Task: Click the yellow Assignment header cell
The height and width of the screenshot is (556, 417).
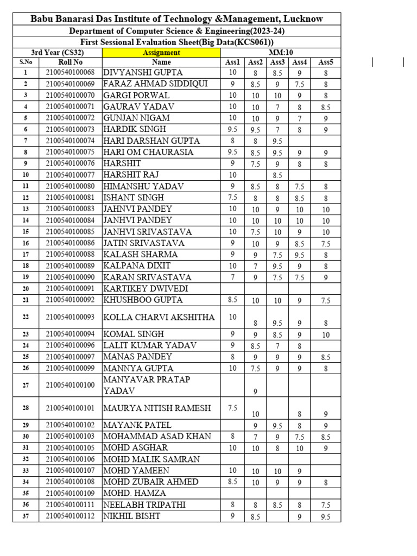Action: [161, 53]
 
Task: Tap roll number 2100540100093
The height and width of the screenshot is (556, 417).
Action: [70, 317]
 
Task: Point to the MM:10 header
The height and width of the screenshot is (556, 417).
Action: [280, 53]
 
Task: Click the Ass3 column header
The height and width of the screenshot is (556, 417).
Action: [277, 62]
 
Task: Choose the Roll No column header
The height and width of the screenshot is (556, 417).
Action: [70, 62]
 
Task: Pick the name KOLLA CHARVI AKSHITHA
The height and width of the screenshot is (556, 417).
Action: [159, 317]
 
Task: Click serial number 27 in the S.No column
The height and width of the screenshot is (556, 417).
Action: [26, 385]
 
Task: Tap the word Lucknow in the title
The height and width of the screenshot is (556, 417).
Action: [300, 19]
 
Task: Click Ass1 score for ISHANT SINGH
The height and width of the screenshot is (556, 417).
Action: [232, 197]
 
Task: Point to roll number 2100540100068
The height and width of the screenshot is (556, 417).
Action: [70, 72]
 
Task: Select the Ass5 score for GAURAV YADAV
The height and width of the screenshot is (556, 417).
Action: [325, 108]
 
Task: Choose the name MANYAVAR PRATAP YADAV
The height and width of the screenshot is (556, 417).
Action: [147, 385]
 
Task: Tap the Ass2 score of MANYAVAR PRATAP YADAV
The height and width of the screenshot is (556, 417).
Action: [255, 391]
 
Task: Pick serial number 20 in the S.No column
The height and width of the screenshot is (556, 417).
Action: [26, 288]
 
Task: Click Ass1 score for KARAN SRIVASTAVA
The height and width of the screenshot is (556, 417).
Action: [232, 277]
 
